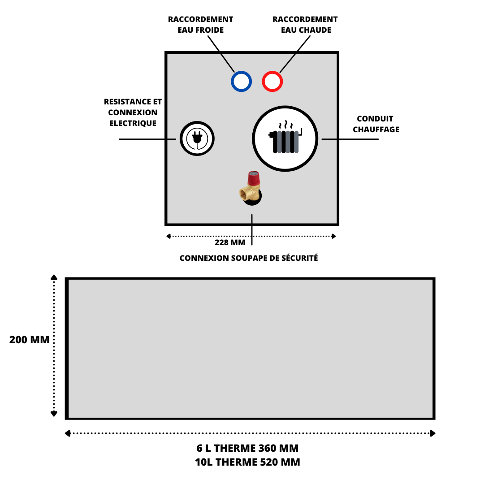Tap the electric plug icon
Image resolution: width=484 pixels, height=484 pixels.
[x=197, y=138]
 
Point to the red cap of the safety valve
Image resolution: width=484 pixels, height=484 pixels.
[x=254, y=178]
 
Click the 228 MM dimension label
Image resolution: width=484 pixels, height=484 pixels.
[x=230, y=242]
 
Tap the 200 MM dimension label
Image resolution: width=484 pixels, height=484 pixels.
[x=29, y=340]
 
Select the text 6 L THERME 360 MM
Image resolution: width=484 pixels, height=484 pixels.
[x=247, y=448]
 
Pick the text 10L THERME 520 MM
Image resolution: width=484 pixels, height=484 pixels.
[x=247, y=462]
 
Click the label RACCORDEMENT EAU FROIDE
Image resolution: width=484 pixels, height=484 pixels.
[x=201, y=25]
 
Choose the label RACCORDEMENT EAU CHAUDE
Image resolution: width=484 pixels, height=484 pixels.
[x=305, y=25]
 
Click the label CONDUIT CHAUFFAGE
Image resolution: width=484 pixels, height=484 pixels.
[x=376, y=124]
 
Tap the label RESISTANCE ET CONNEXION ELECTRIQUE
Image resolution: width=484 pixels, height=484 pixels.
[x=133, y=112]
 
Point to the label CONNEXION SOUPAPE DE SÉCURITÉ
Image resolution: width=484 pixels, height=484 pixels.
[x=249, y=258]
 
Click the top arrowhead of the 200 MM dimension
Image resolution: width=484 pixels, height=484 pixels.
[x=54, y=277]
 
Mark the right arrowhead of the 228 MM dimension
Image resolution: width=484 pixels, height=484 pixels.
[x=334, y=237]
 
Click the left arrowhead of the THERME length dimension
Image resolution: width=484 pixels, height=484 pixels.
[x=68, y=433]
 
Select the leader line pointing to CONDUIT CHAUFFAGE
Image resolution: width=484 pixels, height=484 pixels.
[x=350, y=139]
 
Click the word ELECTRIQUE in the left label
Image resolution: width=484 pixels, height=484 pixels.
[x=133, y=123]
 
